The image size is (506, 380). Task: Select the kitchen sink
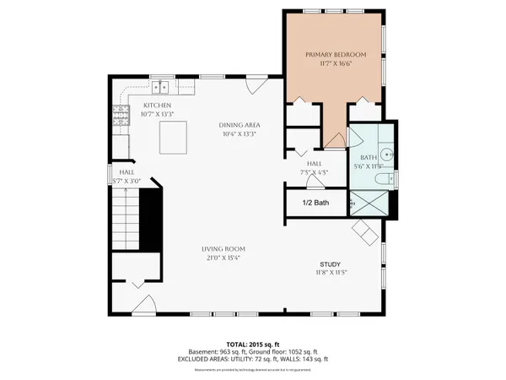coord(161,86)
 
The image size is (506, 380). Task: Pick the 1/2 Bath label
coord(316,204)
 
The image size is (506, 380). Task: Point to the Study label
coord(329,264)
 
